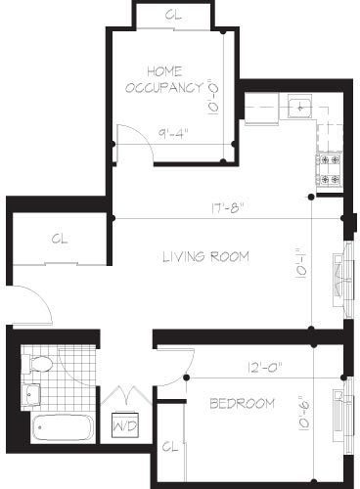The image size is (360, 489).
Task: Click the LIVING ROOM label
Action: point(205,257)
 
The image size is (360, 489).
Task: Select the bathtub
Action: point(62,427)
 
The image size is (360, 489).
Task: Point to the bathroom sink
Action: point(30,394)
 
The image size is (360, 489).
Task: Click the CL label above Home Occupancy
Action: point(172,16)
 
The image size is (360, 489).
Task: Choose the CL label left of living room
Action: point(59,238)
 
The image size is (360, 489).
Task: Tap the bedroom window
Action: point(341,414)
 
